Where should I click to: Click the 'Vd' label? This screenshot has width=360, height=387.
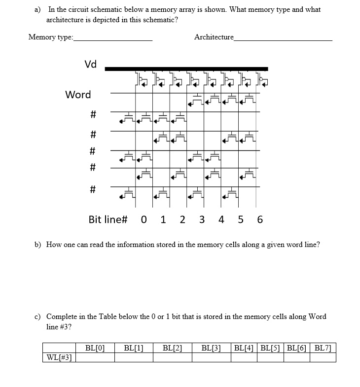tap(91, 64)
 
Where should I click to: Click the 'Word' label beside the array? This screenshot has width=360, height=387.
tap(78, 94)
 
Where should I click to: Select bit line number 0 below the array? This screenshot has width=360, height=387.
tap(144, 219)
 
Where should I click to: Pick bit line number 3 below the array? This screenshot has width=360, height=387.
tap(202, 219)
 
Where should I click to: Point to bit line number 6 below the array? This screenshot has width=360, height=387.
tap(260, 219)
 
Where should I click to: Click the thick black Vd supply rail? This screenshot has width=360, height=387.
tap(186, 69)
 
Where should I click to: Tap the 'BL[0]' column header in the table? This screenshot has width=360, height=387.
tap(95, 348)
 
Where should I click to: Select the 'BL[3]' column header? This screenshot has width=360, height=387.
tap(211, 348)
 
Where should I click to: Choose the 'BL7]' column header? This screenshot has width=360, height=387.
tap(323, 348)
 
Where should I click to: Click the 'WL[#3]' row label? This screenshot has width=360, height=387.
tap(58, 357)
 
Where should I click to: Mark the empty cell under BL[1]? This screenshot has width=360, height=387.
tap(134, 357)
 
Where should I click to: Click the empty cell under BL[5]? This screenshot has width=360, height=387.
tap(271, 357)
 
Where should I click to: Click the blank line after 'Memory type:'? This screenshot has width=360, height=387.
tap(113, 38)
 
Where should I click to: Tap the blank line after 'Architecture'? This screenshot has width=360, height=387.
tap(283, 38)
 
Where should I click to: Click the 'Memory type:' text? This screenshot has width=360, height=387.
tap(51, 37)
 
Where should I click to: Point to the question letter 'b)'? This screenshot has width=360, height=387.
tap(37, 245)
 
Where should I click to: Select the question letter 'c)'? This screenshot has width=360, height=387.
tap(37, 317)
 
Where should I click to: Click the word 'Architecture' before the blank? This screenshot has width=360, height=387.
tap(214, 37)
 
